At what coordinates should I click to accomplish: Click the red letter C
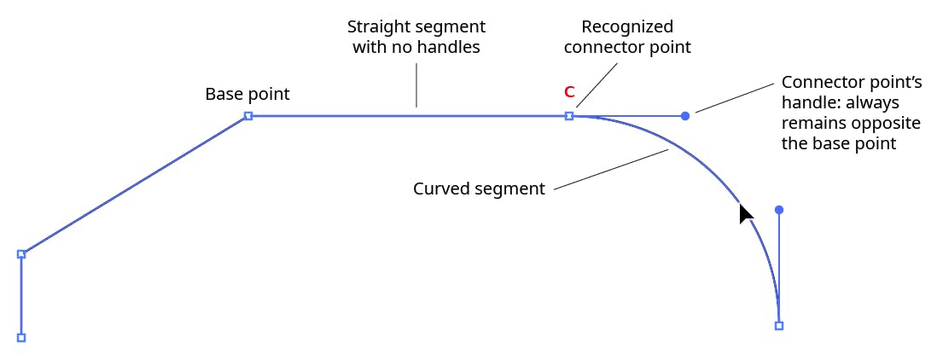(569, 92)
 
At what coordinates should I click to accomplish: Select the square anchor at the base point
(248, 115)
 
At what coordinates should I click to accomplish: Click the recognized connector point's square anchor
(569, 115)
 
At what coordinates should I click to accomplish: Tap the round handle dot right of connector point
(685, 115)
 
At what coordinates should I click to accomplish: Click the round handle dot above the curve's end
(779, 209)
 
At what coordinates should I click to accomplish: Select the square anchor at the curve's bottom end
(779, 325)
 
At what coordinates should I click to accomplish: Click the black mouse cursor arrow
(745, 213)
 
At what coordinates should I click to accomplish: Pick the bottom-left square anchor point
(21, 337)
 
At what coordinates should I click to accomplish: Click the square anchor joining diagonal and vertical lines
(21, 253)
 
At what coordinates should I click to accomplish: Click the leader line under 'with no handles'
(416, 85)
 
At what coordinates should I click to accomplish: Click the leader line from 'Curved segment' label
(610, 169)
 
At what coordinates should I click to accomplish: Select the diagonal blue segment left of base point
(135, 184)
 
